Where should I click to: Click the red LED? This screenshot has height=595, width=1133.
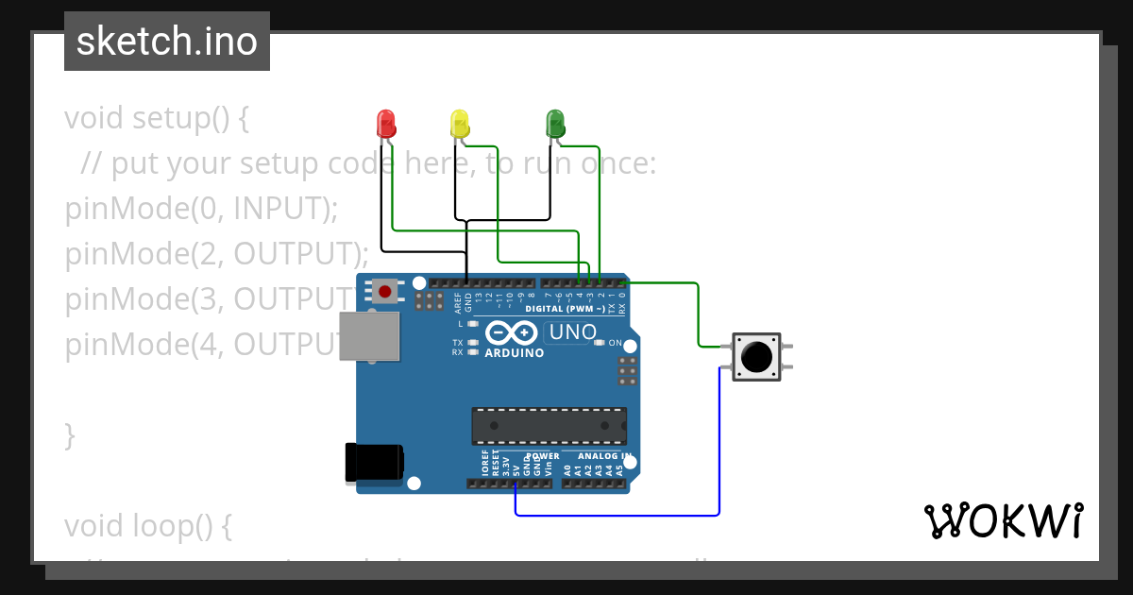385,123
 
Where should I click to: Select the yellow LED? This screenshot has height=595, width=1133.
460,123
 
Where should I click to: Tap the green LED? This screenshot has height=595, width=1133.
555,123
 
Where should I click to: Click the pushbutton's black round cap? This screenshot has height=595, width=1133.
755,356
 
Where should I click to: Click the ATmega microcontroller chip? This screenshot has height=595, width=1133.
549,426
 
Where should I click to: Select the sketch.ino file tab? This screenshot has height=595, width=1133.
167,42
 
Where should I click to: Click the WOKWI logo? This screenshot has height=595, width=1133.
1003,520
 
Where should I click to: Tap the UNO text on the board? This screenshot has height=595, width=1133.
573,332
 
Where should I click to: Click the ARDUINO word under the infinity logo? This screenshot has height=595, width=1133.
514,353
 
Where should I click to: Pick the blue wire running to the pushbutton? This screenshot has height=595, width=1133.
719,444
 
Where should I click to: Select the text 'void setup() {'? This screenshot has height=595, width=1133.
157,119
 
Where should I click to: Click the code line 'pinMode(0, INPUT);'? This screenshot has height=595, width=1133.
201,209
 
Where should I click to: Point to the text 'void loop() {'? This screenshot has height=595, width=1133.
148,525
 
